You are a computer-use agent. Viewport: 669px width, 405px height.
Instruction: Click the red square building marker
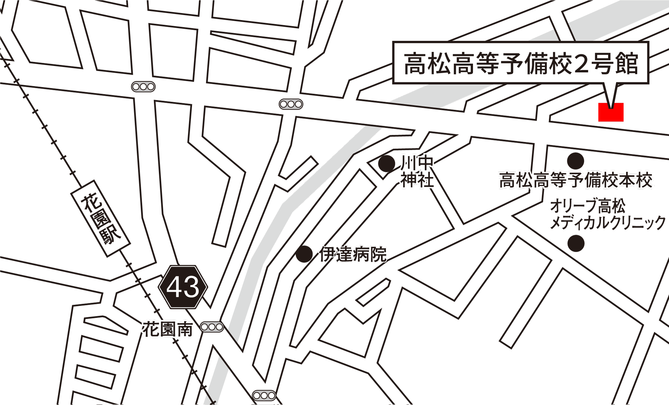611,112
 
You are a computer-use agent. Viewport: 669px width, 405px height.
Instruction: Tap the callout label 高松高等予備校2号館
520,63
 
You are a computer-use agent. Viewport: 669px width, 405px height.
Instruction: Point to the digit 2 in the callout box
581,64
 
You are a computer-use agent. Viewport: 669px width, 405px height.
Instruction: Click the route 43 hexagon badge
183,287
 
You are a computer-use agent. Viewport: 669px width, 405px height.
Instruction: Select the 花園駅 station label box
100,219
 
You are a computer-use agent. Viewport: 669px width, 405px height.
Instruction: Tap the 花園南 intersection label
168,329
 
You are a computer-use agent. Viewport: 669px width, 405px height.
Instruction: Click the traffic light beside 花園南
212,327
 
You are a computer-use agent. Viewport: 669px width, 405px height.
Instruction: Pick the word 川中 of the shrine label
417,163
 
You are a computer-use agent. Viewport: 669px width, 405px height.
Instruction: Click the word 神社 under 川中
417,180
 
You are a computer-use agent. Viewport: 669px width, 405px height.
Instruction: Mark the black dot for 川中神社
386,164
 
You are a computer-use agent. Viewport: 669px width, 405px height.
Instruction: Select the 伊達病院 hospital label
353,254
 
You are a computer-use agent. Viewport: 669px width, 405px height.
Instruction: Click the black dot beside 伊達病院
304,254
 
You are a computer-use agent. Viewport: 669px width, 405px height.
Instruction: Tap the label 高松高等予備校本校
575,180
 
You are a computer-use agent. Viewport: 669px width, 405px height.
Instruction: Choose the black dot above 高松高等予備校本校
575,161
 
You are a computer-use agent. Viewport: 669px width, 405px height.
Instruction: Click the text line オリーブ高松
588,206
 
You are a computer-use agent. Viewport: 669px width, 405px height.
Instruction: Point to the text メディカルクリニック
608,223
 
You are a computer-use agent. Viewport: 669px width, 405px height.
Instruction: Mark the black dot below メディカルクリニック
576,243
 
